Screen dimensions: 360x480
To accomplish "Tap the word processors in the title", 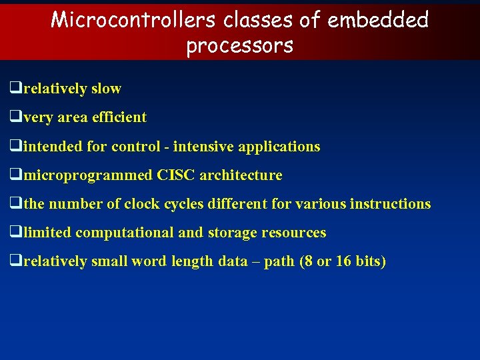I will pyautogui.click(x=239, y=45).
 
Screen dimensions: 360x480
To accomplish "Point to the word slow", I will pyautogui.click(x=107, y=88).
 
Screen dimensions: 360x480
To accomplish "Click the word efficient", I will pyautogui.click(x=121, y=117).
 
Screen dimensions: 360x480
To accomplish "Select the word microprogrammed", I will pyautogui.click(x=88, y=175).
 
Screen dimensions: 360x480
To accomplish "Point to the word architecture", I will pyautogui.click(x=241, y=175).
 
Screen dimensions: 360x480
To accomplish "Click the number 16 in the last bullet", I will pyautogui.click(x=343, y=261).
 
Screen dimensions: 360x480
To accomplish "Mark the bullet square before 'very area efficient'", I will pyautogui.click(x=15, y=117).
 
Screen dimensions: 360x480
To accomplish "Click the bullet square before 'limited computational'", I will pyautogui.click(x=15, y=233).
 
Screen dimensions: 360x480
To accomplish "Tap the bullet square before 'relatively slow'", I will pyautogui.click(x=15, y=88).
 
